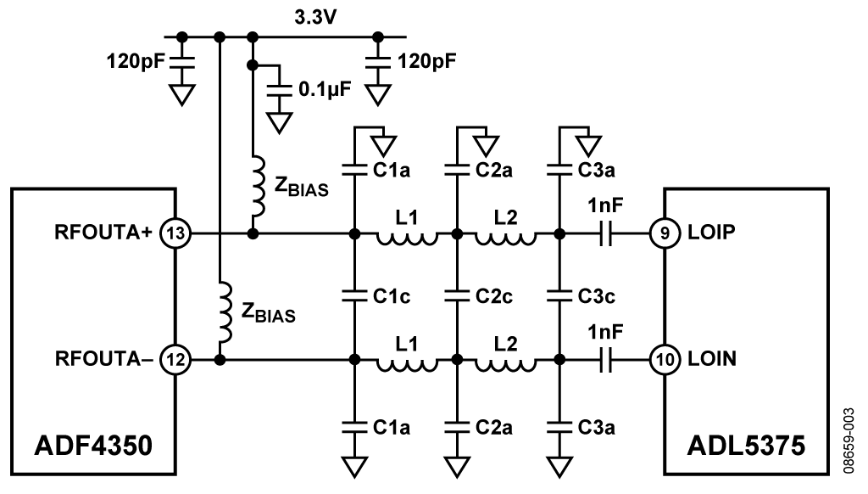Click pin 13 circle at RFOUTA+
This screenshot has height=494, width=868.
[175, 232]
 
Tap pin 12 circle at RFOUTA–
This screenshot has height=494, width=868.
[175, 360]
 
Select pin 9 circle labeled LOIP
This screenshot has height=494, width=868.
[664, 232]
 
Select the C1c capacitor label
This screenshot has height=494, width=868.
[392, 295]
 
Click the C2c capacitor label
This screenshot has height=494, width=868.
[495, 295]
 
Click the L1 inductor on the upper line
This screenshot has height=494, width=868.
[407, 238]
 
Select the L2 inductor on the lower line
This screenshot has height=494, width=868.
[507, 365]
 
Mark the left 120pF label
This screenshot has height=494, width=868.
[133, 61]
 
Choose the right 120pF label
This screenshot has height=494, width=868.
[427, 61]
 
